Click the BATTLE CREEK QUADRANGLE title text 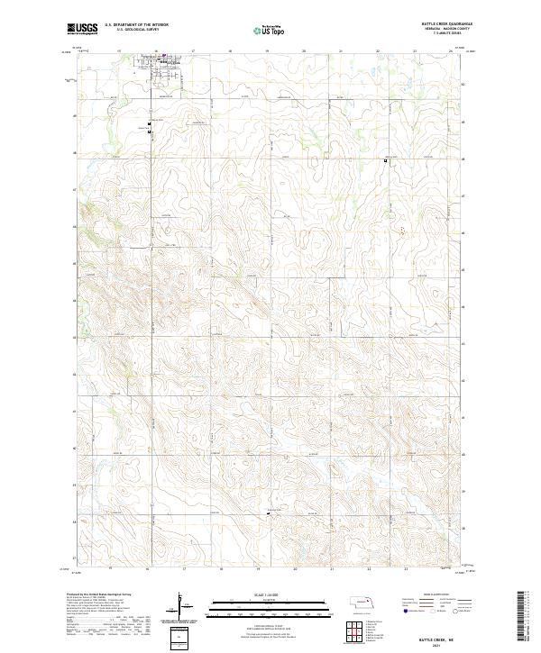[x=446, y=24]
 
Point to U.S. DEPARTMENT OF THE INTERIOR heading [x=137, y=25]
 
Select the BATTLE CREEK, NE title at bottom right [x=427, y=636]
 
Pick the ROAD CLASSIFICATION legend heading [x=432, y=595]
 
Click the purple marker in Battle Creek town [x=163, y=62]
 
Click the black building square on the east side [x=385, y=162]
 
